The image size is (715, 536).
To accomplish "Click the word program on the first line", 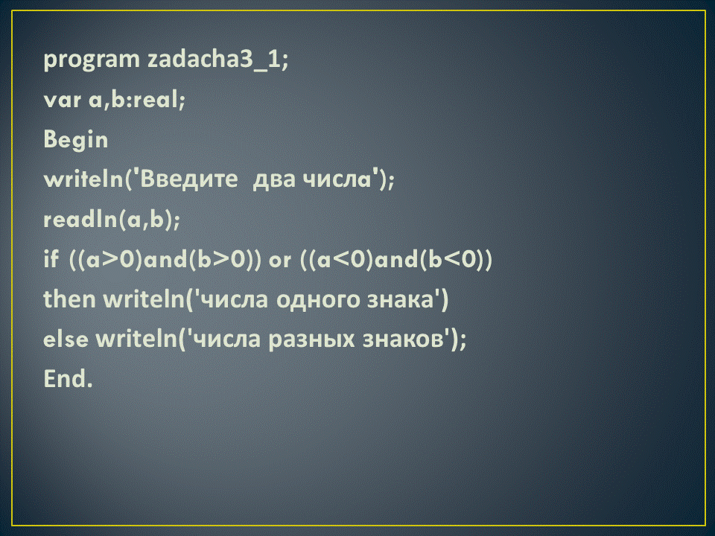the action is (x=91, y=60).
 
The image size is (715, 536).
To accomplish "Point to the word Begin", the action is (x=76, y=139).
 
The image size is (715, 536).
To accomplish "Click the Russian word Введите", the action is (x=188, y=179).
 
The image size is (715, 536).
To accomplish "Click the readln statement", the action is (x=112, y=219).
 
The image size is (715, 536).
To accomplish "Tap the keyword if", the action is (x=51, y=259).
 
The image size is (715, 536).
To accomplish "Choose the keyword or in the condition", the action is (x=279, y=261).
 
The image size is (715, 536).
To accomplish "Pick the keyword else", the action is (x=66, y=339).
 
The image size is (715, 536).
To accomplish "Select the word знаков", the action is (x=404, y=340).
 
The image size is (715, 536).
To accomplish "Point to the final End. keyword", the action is (x=68, y=379).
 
